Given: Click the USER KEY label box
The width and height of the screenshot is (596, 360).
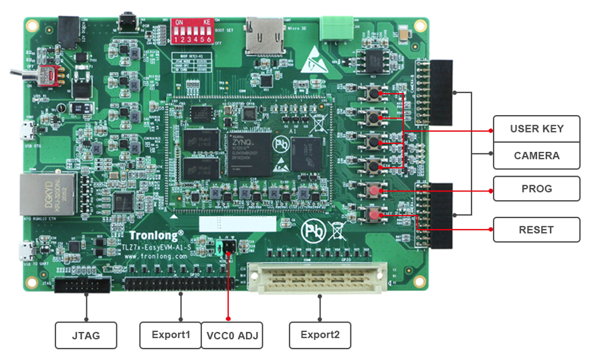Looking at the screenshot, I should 536,128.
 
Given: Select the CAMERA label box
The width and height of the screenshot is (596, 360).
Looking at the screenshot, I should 536,155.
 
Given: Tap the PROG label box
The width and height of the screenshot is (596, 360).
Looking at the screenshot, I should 536,189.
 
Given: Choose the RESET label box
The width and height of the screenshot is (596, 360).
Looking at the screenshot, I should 536,230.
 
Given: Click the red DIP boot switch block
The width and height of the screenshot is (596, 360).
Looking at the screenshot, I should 193,31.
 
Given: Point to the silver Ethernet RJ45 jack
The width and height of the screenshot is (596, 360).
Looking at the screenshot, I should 38,193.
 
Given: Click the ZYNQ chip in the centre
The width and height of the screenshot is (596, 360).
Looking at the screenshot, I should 249,153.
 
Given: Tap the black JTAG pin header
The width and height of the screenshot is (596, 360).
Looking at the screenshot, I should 82,286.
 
